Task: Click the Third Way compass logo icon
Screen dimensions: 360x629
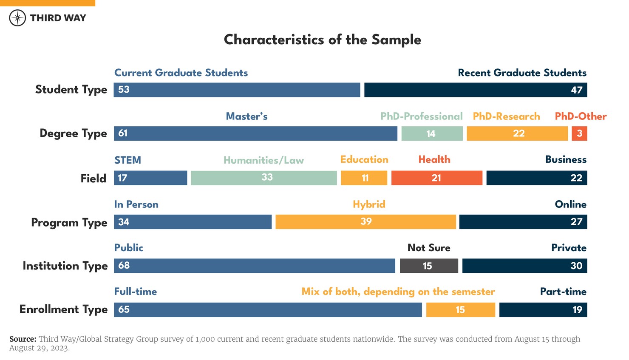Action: tap(17, 18)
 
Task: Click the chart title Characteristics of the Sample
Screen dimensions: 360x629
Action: tap(322, 40)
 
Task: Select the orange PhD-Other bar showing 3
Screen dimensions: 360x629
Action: tap(579, 133)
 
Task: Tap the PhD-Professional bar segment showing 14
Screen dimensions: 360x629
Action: tap(432, 133)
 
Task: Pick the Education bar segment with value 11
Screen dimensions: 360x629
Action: tap(364, 178)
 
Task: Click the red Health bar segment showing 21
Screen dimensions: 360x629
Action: tap(436, 178)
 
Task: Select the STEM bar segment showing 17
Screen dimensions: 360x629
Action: tap(150, 178)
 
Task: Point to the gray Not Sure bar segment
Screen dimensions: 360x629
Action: tap(429, 266)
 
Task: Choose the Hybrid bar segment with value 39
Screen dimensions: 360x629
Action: tap(365, 222)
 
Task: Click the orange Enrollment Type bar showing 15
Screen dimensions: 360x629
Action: tap(460, 310)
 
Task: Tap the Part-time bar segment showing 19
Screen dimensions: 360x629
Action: tap(543, 310)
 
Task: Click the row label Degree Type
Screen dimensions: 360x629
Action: tap(73, 133)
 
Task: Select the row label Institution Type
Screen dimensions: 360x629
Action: tap(65, 266)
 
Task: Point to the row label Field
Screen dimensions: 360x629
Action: tap(93, 179)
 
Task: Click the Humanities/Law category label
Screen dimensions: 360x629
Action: tap(263, 160)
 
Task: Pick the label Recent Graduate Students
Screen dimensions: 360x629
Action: tap(522, 73)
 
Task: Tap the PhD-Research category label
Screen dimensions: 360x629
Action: tap(506, 116)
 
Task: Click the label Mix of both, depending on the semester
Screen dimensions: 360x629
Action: tap(398, 292)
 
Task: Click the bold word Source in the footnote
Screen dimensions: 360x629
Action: tap(23, 339)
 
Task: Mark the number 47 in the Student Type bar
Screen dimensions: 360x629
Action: tap(576, 90)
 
